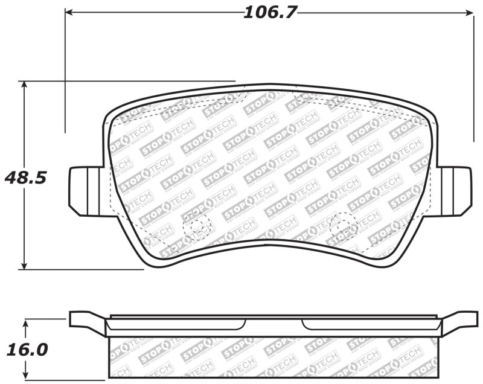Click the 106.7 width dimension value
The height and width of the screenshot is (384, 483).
coord(270,11)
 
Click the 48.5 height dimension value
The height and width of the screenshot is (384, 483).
coord(25,178)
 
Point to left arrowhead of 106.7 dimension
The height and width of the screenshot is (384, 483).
coord(69,11)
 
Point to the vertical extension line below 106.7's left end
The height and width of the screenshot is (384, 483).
coord(65,72)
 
